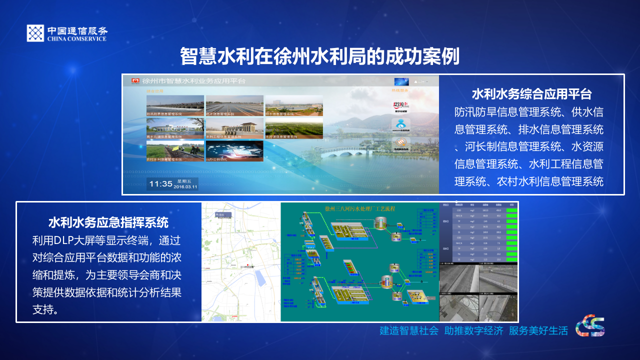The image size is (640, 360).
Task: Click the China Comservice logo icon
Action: (35, 33)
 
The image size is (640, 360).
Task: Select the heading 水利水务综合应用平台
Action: (531, 94)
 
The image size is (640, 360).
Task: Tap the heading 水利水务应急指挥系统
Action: (108, 222)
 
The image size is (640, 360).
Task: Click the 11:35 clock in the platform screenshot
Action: (160, 184)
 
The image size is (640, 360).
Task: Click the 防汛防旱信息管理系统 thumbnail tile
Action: (175, 105)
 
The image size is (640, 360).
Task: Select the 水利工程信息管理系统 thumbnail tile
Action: (234, 128)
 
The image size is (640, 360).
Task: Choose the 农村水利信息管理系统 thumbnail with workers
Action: (175, 150)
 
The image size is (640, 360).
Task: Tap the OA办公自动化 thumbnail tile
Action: (234, 150)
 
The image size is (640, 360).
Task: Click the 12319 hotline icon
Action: (400, 106)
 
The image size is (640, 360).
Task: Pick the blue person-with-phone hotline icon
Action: (400, 125)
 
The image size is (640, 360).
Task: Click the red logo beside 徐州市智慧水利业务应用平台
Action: (135, 81)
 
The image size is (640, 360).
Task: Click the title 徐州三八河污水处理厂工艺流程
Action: (359, 208)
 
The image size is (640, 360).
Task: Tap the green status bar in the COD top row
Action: (511, 210)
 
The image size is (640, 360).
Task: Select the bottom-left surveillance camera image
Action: (458, 307)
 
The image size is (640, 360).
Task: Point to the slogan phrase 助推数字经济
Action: (473, 330)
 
